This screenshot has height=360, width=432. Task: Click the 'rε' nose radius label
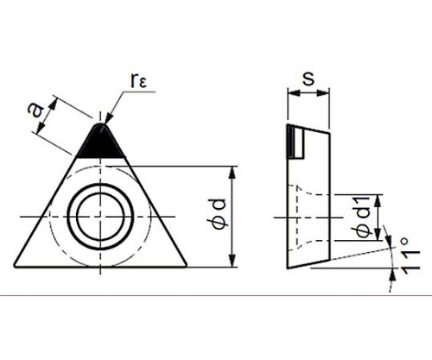(139, 80)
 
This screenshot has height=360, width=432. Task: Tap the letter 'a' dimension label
(35, 111)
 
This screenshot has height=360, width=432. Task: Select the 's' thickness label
(308, 79)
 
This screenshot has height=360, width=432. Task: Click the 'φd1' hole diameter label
(363, 217)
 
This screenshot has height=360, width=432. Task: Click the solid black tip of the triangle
(101, 142)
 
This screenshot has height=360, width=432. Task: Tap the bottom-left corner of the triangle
(15, 267)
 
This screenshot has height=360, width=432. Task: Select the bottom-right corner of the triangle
(187, 267)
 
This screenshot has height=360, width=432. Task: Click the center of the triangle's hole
(100, 217)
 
